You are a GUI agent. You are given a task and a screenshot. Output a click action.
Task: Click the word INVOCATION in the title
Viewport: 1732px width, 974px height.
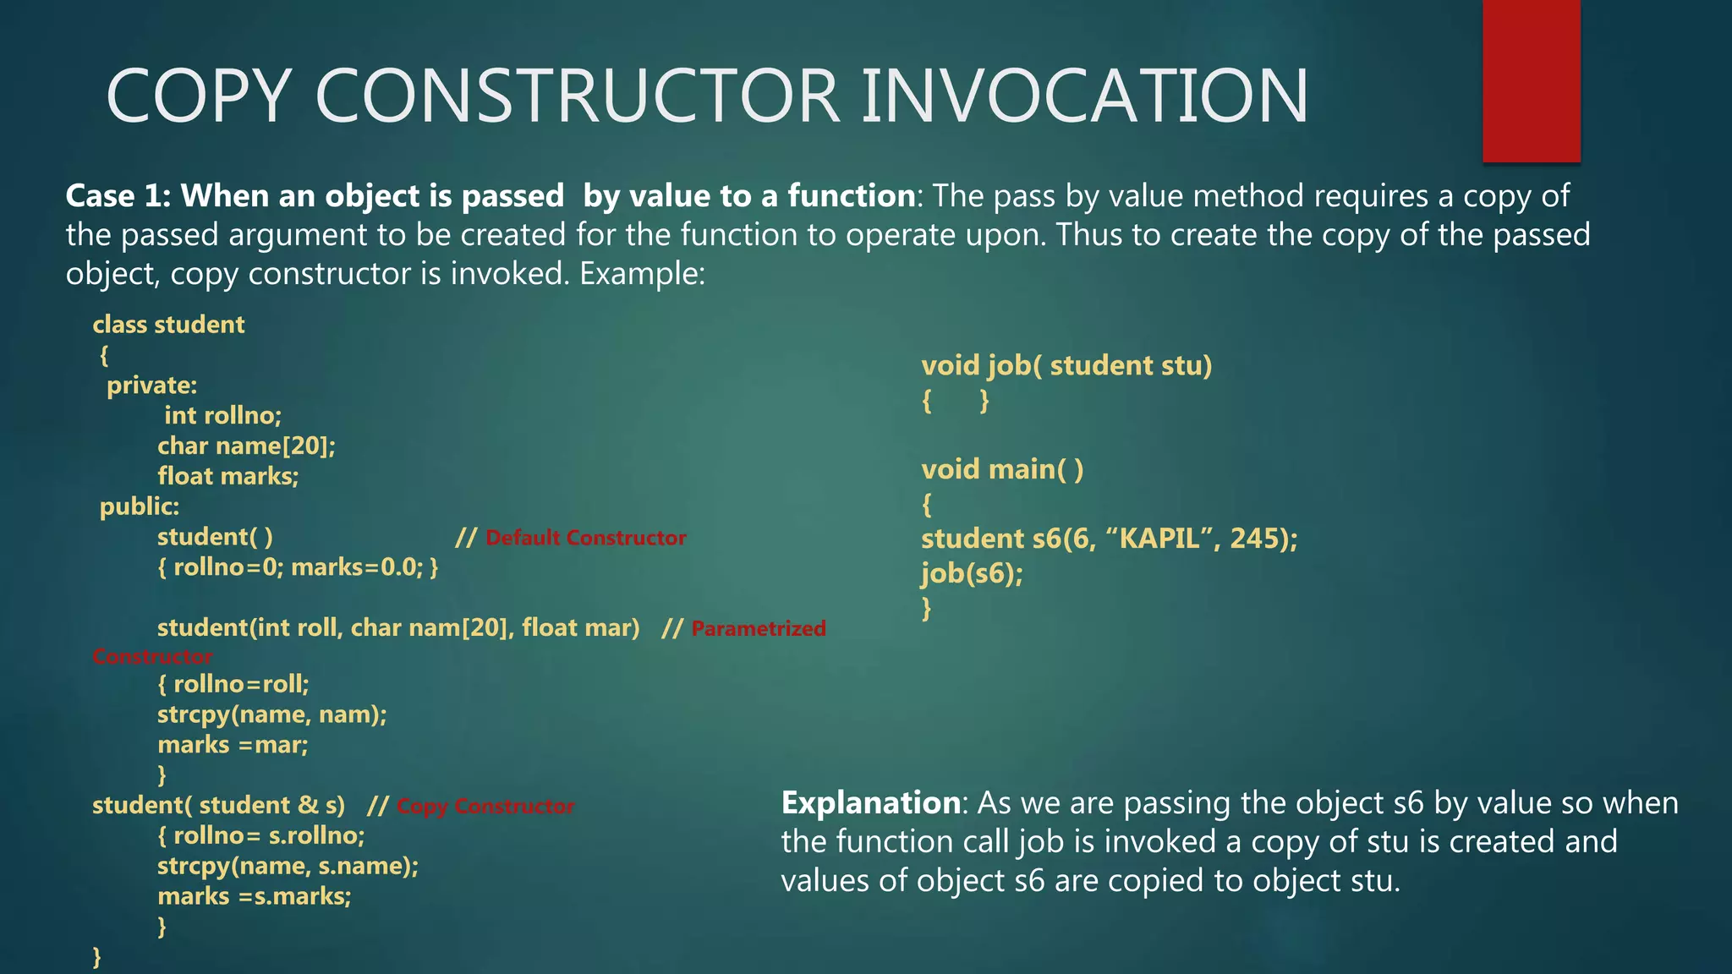[1084, 96]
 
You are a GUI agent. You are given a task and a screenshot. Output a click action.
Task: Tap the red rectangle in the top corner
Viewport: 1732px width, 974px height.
[1531, 80]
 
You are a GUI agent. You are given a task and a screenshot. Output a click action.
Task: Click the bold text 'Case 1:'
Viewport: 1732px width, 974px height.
[118, 196]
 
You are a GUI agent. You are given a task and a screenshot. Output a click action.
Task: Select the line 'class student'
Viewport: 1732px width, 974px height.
[168, 325]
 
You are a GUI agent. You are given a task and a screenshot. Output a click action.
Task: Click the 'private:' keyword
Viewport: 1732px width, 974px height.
[151, 386]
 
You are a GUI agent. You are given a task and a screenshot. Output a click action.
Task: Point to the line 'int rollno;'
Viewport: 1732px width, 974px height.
[222, 415]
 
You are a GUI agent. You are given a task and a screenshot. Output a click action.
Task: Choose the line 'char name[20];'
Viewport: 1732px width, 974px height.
[246, 446]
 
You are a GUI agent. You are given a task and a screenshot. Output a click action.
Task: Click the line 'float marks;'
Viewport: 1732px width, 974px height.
[227, 476]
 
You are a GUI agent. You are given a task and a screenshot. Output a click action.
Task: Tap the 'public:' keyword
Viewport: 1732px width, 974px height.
[140, 506]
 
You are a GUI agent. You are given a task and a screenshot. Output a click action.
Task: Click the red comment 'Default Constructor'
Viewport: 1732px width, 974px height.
[585, 538]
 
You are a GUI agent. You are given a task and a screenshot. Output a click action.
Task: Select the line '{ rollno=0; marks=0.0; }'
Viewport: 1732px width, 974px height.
[298, 567]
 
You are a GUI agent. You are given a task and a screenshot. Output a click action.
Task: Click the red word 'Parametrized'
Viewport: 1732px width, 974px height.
[758, 628]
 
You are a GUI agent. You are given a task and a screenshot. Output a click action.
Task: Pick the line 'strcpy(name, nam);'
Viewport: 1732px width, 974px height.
[271, 714]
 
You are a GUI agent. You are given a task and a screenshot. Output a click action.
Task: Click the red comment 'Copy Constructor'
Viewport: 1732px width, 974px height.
[485, 807]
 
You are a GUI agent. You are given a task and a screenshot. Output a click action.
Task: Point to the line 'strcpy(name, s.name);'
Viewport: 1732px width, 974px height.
[288, 866]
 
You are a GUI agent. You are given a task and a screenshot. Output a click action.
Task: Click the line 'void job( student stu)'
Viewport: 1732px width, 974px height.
[1066, 365]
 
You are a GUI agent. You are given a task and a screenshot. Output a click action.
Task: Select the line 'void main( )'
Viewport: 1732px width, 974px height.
[1001, 469]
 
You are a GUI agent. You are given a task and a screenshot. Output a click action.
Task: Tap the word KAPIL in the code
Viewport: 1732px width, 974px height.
[1159, 539]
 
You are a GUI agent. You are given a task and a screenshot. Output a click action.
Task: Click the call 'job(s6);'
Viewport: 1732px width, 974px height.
[972, 574]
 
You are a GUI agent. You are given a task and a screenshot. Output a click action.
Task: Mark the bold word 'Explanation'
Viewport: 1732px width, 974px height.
[870, 802]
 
